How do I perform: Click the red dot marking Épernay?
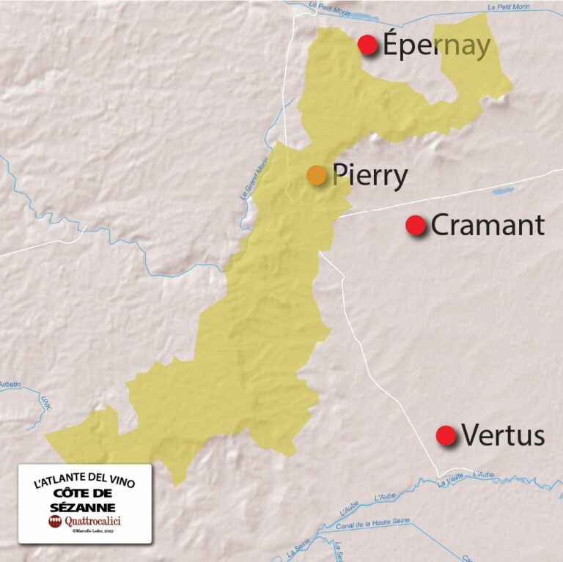367,45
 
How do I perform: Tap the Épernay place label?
436,45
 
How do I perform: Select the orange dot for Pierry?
316,175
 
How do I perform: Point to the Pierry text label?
370,176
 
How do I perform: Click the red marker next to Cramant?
416,225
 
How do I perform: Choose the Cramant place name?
487,225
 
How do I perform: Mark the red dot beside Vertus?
446,435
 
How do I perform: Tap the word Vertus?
503,436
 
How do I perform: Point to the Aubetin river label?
8,384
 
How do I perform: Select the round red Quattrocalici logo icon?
55,521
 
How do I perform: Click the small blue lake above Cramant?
503,191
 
